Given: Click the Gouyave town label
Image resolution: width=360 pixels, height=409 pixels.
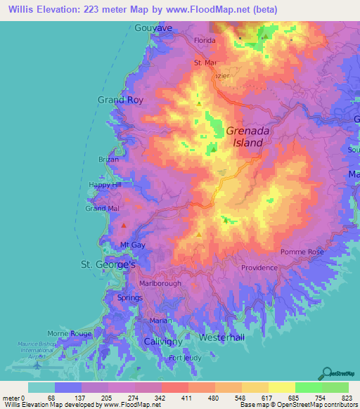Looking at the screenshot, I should [153, 27].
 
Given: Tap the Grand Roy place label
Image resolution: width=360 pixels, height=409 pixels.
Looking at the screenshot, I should [120, 100].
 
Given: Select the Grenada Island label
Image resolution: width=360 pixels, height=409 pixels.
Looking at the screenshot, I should [244, 136].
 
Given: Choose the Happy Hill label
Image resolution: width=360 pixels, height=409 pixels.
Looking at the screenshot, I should [105, 186].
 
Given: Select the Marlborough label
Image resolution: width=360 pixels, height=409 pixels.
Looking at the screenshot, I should [160, 283].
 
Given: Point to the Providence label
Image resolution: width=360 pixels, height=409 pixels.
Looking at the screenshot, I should [259, 268].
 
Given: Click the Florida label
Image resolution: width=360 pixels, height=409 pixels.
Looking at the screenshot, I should [205, 41].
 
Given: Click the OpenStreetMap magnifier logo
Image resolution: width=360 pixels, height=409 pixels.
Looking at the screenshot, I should [328, 373].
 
